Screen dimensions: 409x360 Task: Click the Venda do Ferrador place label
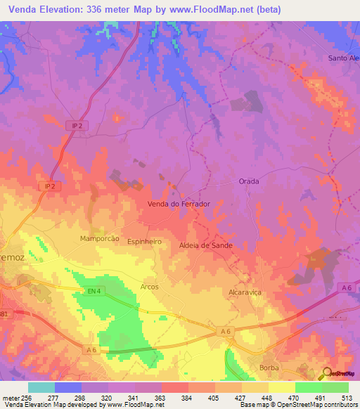(179, 204)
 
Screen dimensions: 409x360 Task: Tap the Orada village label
(249, 181)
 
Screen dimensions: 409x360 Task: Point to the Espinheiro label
(145, 241)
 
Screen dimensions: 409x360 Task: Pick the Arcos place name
(149, 287)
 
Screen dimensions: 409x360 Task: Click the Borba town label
(269, 368)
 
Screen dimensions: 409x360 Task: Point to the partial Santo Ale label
(343, 58)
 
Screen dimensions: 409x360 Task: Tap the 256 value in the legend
(27, 397)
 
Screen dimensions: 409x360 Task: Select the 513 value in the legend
(347, 397)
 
